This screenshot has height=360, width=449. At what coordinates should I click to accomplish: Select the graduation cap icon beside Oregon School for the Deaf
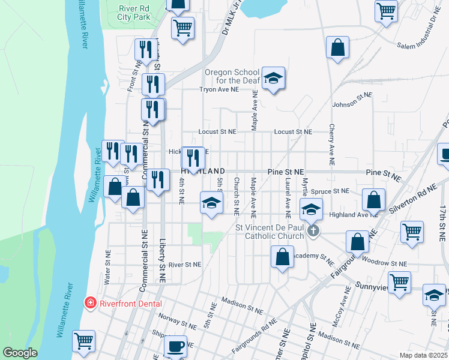click(273, 78)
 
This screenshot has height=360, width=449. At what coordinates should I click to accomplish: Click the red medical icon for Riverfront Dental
click(91, 302)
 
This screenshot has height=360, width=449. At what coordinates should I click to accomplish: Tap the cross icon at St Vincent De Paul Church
click(312, 231)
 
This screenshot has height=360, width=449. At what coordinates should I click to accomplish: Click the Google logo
click(20, 353)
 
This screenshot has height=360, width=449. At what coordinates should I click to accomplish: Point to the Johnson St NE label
click(352, 99)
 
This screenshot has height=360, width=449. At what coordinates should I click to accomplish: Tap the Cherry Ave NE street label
click(331, 145)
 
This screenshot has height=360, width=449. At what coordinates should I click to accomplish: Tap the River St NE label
click(185, 264)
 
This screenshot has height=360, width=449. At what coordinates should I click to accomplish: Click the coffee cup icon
click(175, 347)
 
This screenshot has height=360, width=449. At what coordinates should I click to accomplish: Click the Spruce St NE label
click(333, 191)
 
